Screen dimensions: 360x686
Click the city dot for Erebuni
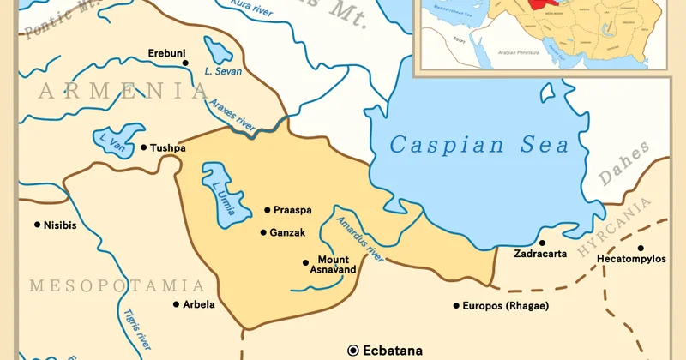[x=185, y=63]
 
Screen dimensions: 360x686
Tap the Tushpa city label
[x=168, y=147]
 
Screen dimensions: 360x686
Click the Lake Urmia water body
[x=218, y=195]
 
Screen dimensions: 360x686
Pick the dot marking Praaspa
[x=267, y=210]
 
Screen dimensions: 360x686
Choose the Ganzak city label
[x=287, y=232]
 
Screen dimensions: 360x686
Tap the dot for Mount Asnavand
[x=305, y=262]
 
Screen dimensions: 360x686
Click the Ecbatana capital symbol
[x=352, y=350]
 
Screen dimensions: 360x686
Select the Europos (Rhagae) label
[x=505, y=306]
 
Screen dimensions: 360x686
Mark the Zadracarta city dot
[x=542, y=243]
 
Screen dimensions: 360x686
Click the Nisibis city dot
[x=37, y=225]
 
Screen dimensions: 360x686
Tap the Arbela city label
[x=199, y=304]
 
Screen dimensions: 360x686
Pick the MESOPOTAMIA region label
[x=117, y=285]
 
